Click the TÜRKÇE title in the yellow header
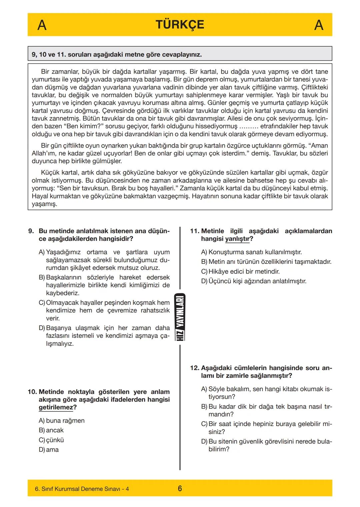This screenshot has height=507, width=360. point(180,25)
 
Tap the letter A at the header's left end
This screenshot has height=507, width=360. point(42,25)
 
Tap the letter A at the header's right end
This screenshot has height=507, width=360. point(319,25)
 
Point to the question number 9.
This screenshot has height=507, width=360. point(31,231)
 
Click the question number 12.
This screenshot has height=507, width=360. point(194,368)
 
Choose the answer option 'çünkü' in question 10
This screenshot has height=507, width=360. point(55,440)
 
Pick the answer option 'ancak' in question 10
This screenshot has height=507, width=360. point(55,430)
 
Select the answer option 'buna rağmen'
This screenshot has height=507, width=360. point(65,421)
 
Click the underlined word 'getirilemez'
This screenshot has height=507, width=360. point(56,407)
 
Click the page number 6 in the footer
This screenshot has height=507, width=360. point(180,489)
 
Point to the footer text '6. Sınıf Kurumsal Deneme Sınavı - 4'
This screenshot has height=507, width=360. point(82,489)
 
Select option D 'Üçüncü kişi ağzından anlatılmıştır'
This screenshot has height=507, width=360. point(257,281)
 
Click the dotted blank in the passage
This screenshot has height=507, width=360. point(249,127)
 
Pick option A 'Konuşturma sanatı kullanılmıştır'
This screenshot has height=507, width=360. point(255,252)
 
